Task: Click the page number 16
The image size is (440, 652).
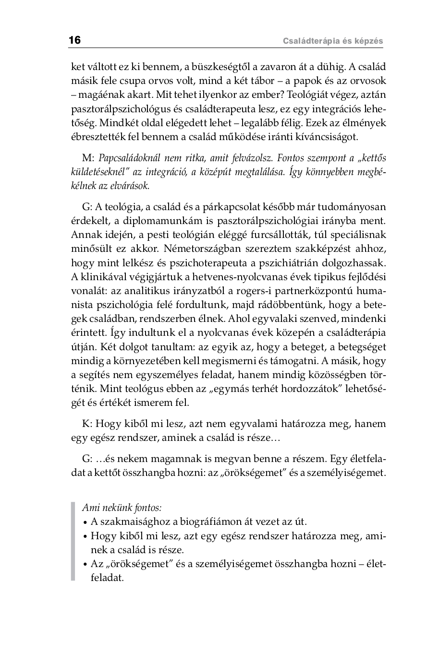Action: pyautogui.click(x=75, y=40)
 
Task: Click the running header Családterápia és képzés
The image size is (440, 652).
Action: pyautogui.click(x=333, y=41)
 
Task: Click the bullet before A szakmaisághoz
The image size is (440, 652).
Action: pyautogui.click(x=85, y=522)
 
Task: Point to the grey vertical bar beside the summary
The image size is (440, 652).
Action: pyautogui.click(x=73, y=542)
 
